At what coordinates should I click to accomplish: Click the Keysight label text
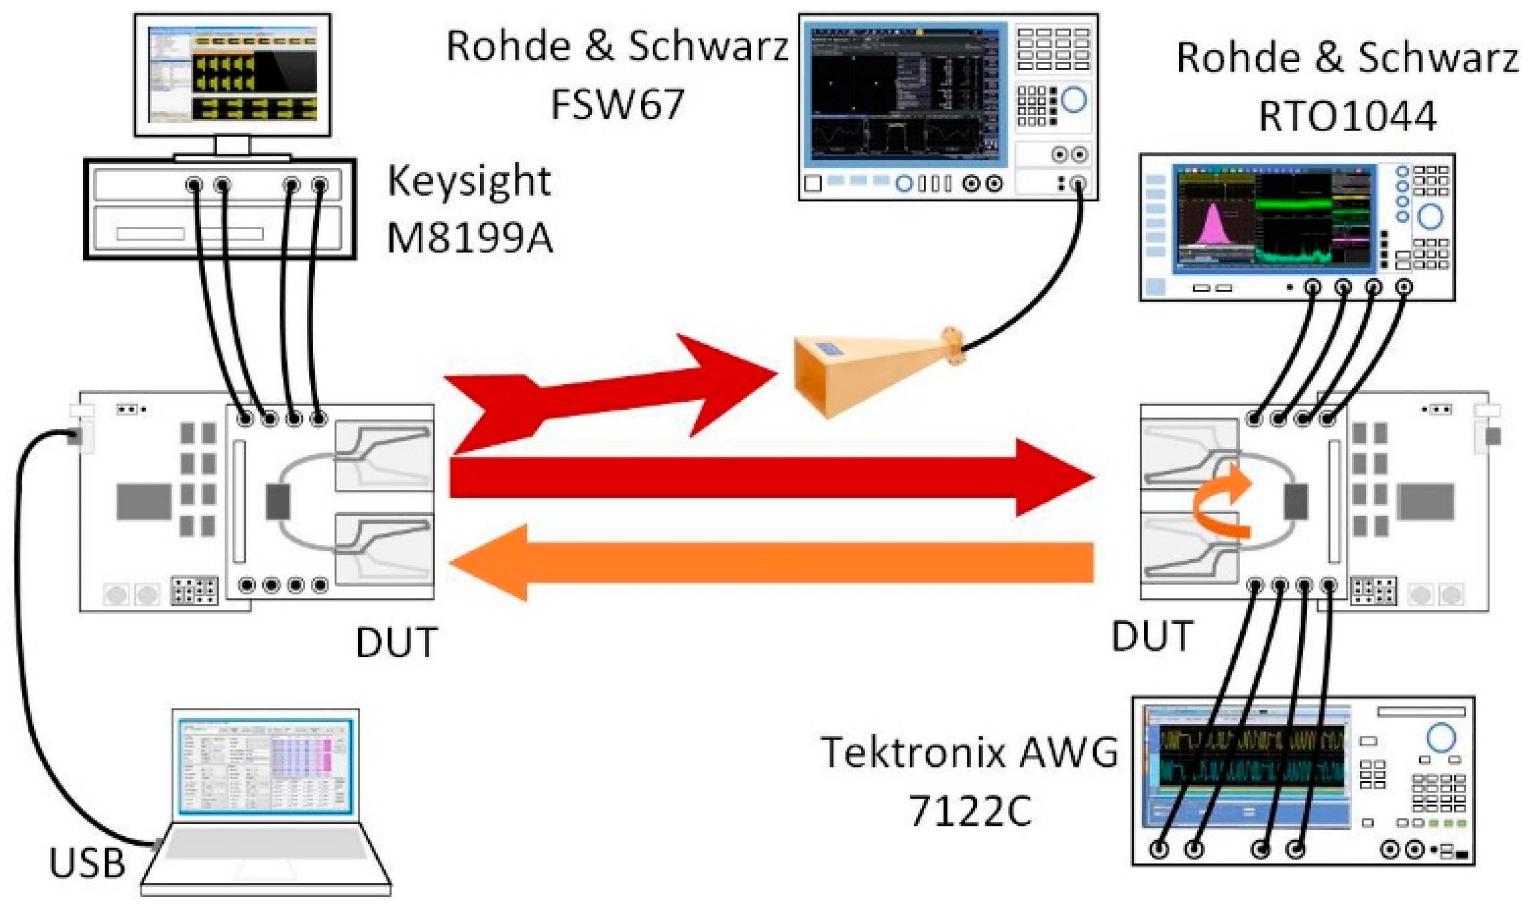coord(469,182)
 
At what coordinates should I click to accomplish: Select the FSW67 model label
coord(617,104)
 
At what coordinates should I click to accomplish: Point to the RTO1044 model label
coord(1347,116)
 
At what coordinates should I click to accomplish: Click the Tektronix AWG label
coord(969,752)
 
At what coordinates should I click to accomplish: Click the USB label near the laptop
coord(87,863)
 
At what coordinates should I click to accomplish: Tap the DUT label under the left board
coord(397,643)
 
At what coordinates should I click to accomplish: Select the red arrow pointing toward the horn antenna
coord(611,392)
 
